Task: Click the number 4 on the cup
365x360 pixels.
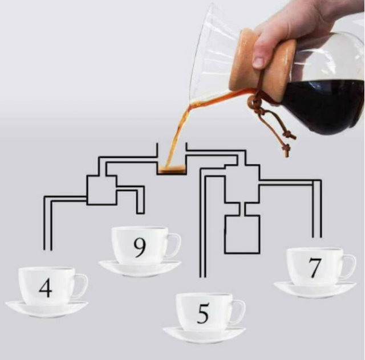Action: pyautogui.click(x=46, y=288)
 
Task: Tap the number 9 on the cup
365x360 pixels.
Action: pyautogui.click(x=140, y=248)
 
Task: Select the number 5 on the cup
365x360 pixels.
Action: pyautogui.click(x=203, y=313)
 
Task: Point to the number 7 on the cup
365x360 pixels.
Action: pyautogui.click(x=315, y=268)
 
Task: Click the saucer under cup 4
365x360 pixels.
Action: pyautogui.click(x=47, y=309)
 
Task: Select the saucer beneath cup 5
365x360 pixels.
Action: pyautogui.click(x=204, y=335)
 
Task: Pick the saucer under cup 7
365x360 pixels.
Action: pyautogui.click(x=315, y=290)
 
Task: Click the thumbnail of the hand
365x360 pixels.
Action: pyautogui.click(x=258, y=62)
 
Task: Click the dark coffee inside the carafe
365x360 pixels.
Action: pyautogui.click(x=323, y=105)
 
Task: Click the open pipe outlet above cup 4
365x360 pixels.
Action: pyautogui.click(x=48, y=249)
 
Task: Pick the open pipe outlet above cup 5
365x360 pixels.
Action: pyautogui.click(x=202, y=277)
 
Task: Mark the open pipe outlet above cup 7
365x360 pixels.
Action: pyautogui.click(x=317, y=236)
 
